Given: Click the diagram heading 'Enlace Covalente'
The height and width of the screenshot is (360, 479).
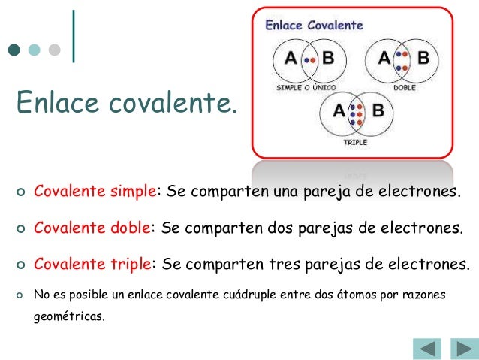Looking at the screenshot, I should [315, 25].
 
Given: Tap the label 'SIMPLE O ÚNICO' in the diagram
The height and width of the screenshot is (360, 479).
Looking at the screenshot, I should [304, 88].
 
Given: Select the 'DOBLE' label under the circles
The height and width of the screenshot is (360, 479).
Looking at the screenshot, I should [403, 88].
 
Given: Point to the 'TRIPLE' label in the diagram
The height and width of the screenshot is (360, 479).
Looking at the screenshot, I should [355, 141].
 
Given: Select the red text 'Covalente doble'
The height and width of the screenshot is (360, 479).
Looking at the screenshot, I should [93, 228].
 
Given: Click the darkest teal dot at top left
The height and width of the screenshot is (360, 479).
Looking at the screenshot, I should [14, 51].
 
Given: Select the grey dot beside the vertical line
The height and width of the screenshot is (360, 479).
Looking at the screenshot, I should [54, 51].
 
